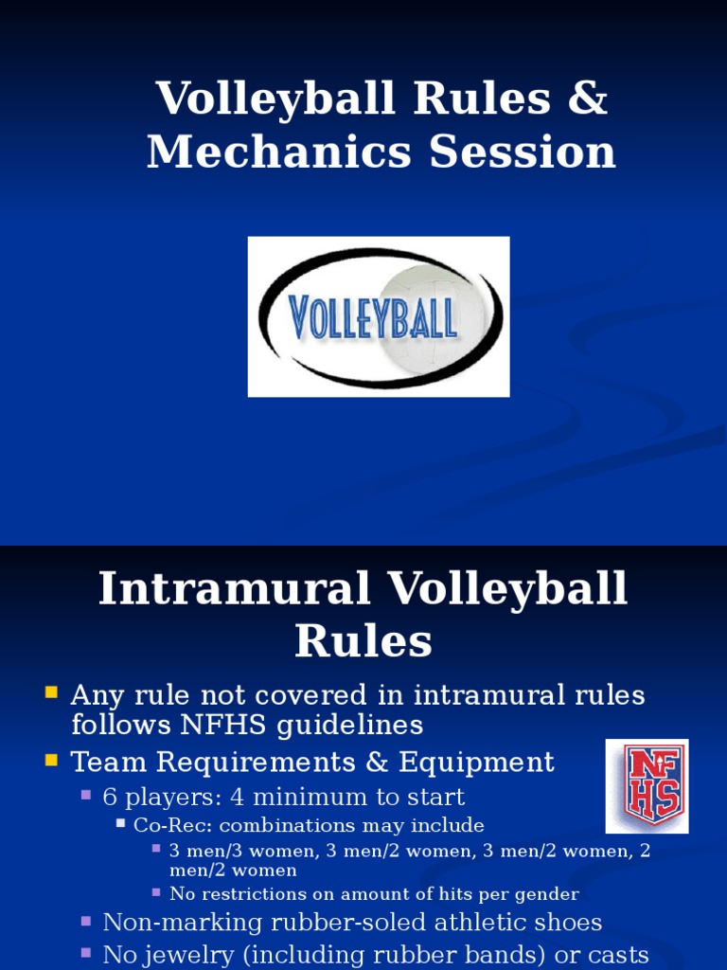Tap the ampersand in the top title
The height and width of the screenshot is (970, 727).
tap(587, 99)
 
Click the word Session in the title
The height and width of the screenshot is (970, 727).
tap(523, 153)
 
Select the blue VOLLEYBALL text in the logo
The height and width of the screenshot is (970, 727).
tap(373, 317)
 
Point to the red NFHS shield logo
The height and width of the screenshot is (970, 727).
tap(647, 785)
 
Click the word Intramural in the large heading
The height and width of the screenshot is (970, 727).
tap(234, 588)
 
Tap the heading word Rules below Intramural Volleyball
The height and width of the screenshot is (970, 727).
tap(363, 641)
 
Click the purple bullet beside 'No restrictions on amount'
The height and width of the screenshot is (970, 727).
tap(156, 891)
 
